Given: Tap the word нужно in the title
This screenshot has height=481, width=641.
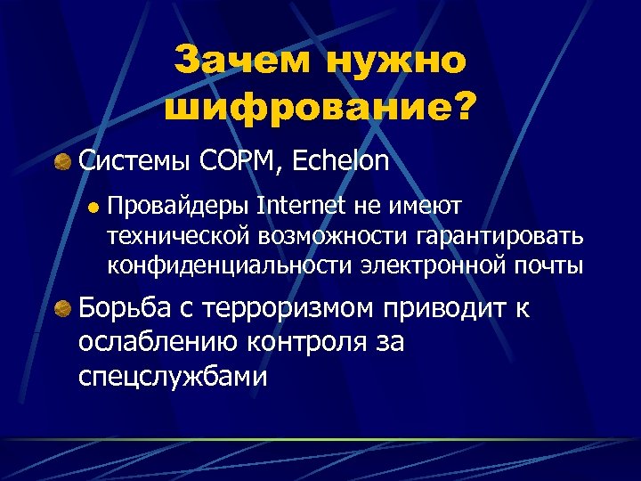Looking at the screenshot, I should [x=397, y=61].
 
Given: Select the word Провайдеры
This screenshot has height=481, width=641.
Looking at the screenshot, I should [x=177, y=208].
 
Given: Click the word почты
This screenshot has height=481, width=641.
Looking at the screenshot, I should [x=553, y=265].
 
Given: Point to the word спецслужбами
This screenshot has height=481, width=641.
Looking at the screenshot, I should [x=173, y=375].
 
